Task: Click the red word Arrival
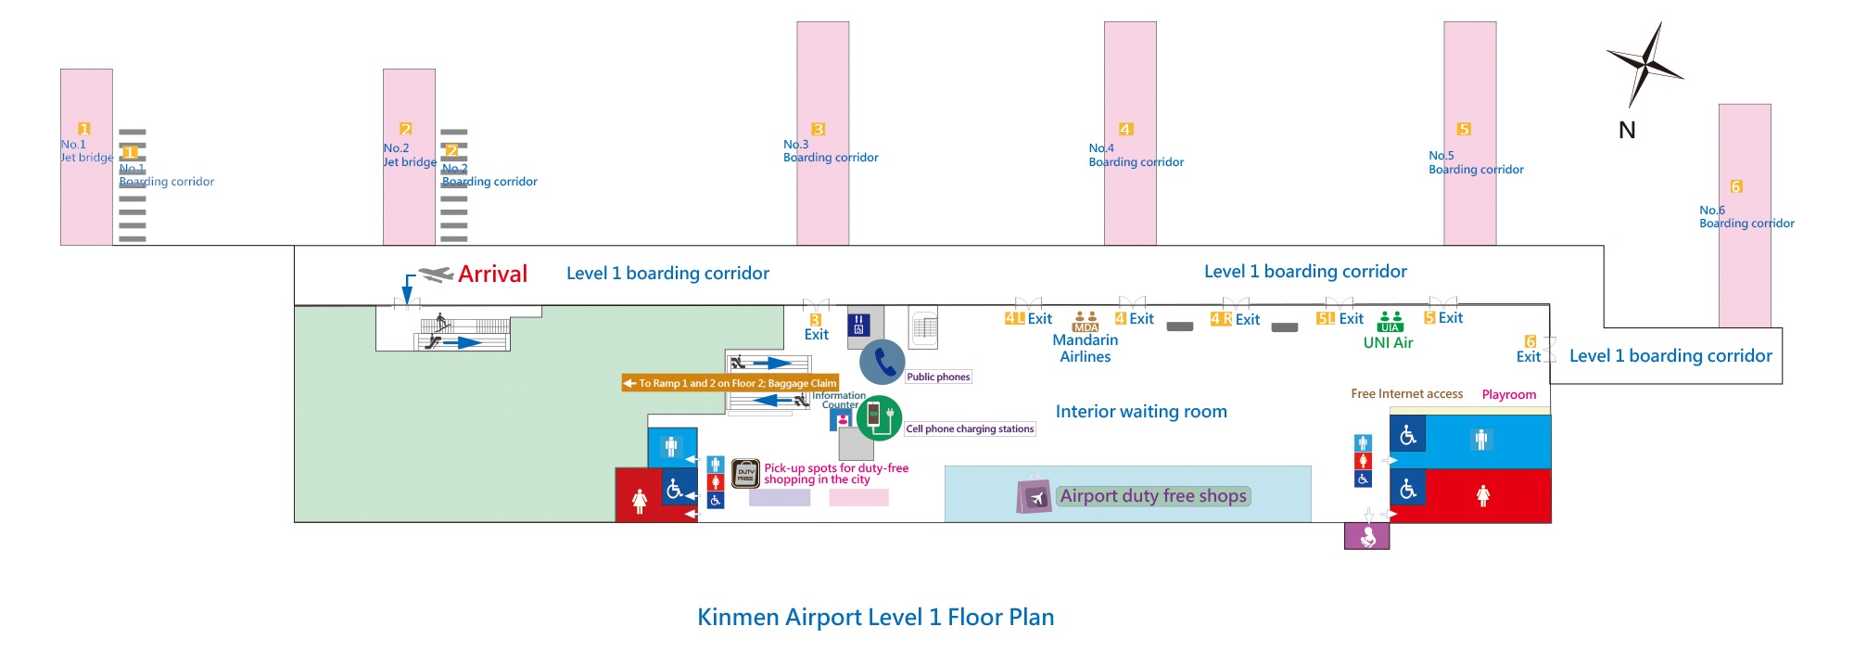492,274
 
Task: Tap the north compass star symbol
1644,64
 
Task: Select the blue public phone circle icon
882,362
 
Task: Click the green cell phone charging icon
878,417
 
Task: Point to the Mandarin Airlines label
1085,348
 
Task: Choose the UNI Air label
1388,342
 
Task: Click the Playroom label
1508,394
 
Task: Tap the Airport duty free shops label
1152,496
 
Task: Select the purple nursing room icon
1366,536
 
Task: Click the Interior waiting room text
1140,411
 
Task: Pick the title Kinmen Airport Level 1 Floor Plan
875,617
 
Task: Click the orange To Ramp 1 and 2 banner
730,383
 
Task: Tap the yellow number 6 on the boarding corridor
1736,186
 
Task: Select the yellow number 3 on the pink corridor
818,129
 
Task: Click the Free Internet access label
1406,394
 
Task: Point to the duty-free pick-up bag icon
745,474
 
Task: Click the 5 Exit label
1443,318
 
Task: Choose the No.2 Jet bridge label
409,155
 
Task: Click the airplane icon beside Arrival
435,274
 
